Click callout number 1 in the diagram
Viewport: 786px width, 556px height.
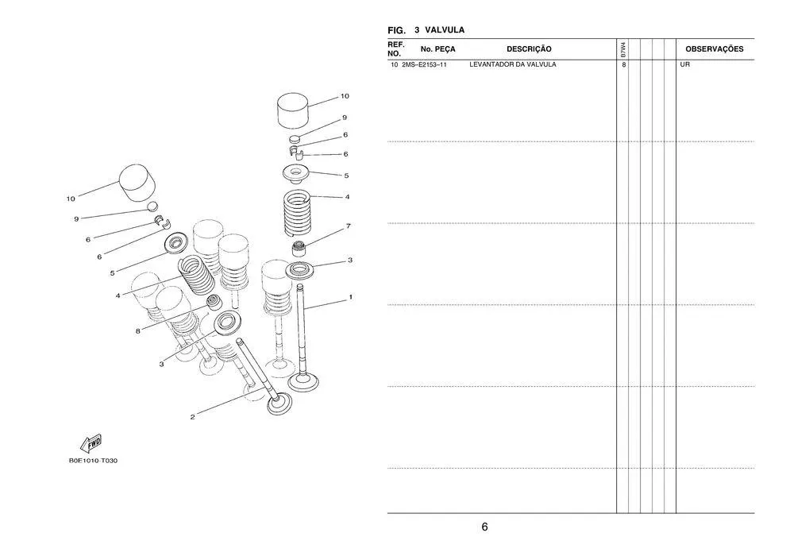click(350, 297)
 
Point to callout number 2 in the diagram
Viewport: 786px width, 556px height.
click(191, 418)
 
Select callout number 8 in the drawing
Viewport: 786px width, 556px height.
click(137, 331)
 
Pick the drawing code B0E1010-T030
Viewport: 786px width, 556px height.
click(93, 461)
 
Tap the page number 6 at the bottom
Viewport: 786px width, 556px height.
click(484, 527)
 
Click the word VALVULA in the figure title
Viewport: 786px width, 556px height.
click(445, 30)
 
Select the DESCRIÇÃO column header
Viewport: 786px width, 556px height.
click(529, 49)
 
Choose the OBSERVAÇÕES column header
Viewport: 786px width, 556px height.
click(714, 49)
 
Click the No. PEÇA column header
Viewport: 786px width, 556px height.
click(433, 49)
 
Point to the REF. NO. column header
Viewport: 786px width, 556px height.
click(396, 48)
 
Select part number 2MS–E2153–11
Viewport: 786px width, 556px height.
click(424, 64)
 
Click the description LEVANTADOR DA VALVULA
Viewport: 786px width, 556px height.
click(513, 64)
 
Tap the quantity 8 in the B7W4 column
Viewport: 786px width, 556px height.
click(624, 64)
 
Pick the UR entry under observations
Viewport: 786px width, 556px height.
click(684, 64)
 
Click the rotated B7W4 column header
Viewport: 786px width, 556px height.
click(624, 48)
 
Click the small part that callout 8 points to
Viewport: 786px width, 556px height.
click(213, 303)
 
